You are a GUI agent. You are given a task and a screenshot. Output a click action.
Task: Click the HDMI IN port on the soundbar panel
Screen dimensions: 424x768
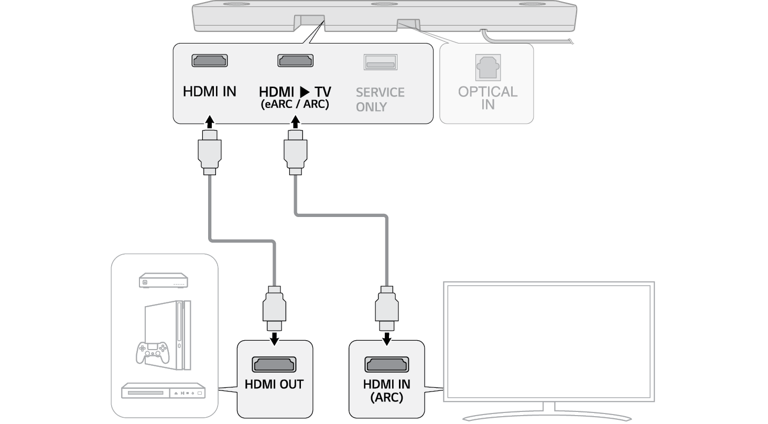click(x=209, y=60)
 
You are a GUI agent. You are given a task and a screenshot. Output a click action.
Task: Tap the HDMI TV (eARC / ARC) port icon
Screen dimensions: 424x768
click(x=295, y=60)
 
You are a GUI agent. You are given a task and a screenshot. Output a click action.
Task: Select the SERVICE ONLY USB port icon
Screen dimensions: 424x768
click(x=381, y=62)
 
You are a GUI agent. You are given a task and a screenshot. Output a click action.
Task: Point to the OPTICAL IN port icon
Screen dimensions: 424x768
click(x=488, y=67)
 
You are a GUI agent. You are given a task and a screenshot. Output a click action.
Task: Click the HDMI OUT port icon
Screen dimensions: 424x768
click(x=274, y=364)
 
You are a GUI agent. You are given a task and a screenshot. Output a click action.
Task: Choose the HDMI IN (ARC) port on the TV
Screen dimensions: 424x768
click(x=386, y=364)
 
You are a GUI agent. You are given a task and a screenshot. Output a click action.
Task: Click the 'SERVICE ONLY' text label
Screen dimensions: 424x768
click(x=380, y=100)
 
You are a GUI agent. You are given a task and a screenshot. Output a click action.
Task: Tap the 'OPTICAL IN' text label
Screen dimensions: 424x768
click(x=488, y=98)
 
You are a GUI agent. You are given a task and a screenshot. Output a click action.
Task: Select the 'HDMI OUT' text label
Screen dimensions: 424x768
click(x=274, y=384)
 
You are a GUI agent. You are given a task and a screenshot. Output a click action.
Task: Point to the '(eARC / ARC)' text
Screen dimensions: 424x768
click(x=295, y=105)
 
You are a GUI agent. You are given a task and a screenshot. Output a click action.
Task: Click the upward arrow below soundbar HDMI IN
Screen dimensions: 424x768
click(x=209, y=123)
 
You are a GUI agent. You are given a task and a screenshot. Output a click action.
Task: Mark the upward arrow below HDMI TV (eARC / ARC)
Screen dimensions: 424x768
click(x=295, y=123)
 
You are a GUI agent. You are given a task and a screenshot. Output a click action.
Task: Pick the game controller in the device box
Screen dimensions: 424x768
click(x=152, y=352)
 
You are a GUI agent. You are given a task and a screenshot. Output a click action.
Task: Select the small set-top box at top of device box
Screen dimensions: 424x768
click(x=164, y=280)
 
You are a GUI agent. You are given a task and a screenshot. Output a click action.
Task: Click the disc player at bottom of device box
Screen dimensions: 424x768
click(x=163, y=392)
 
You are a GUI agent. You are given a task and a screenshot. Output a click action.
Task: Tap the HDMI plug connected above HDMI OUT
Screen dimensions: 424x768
click(x=274, y=309)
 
